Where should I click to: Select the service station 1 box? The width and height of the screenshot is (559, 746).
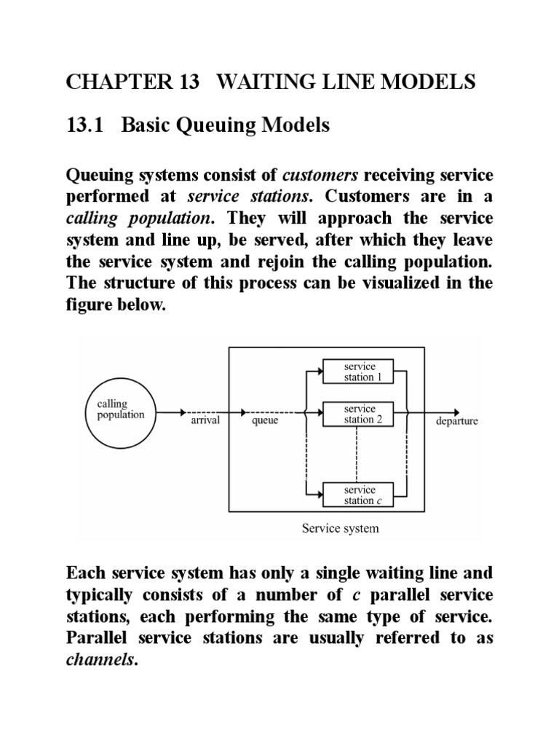click(358, 372)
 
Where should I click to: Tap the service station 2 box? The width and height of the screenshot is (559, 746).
click(358, 414)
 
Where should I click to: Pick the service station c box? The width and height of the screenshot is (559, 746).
click(358, 495)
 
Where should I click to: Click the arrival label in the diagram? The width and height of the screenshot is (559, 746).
click(205, 421)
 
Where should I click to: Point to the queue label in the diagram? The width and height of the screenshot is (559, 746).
click(265, 421)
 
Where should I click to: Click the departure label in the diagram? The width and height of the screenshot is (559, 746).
click(456, 422)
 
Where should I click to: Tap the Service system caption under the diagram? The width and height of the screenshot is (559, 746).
click(340, 528)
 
